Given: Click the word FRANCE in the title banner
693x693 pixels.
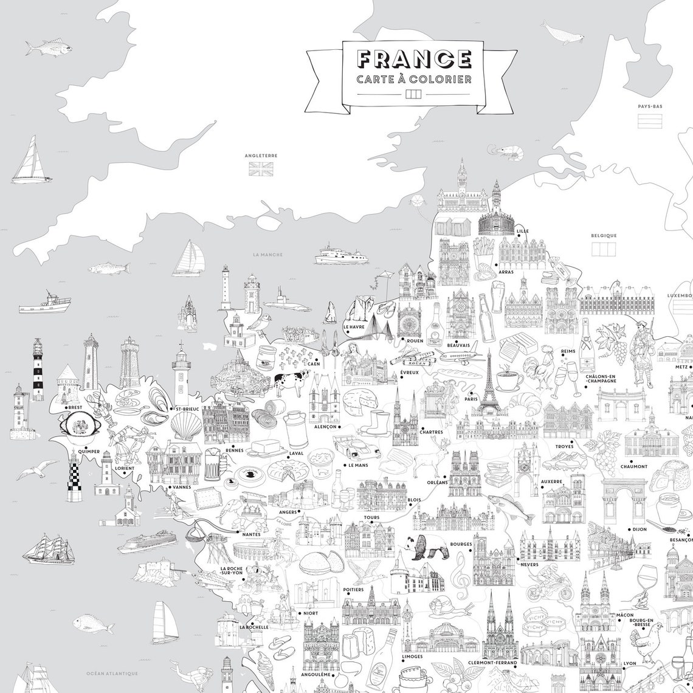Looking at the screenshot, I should click(x=414, y=59).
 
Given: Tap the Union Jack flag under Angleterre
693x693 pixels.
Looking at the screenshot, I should click(x=261, y=168).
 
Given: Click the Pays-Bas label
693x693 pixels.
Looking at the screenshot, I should click(x=650, y=106).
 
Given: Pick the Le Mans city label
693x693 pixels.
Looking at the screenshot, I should click(x=359, y=465).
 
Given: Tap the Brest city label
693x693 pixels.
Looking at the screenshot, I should click(x=75, y=407).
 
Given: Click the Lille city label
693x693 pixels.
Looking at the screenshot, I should click(x=522, y=232).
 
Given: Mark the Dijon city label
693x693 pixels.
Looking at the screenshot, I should click(x=639, y=529).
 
